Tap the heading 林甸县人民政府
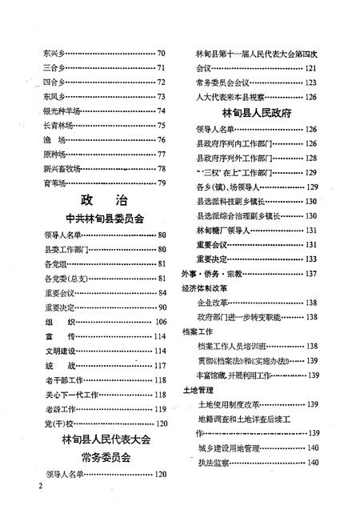256,114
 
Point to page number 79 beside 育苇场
162,183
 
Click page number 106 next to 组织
160,321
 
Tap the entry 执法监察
212,464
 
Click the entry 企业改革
212,303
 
